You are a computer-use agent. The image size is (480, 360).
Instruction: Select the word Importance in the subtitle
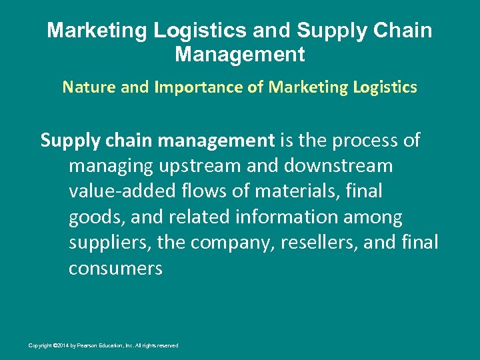180,87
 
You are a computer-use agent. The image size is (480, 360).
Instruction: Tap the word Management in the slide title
240,54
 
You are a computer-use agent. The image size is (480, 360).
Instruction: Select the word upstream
194,166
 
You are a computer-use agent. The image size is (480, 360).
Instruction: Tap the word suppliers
111,243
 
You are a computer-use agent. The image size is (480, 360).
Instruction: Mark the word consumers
115,269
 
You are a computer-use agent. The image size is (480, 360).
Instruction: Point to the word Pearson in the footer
83,345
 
